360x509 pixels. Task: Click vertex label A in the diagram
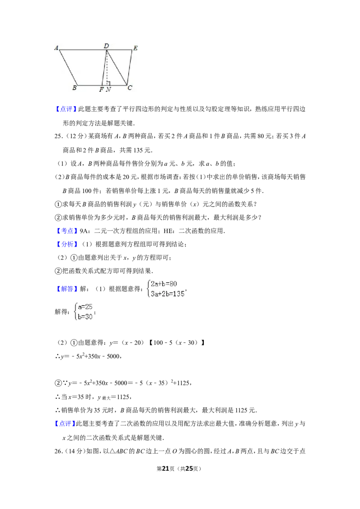(x=57, y=47)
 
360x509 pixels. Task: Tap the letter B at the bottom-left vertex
(x=74, y=88)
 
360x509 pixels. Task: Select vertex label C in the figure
(x=130, y=88)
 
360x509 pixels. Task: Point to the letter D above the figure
(x=106, y=46)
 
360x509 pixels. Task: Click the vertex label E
(x=135, y=48)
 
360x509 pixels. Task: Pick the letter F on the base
(x=101, y=90)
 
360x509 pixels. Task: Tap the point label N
(x=108, y=90)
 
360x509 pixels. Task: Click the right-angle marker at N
(x=108, y=83)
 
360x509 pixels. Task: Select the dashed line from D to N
(x=107, y=67)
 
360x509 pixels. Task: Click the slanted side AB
(x=68, y=67)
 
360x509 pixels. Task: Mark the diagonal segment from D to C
(x=117, y=67)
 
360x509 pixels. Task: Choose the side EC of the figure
(x=130, y=67)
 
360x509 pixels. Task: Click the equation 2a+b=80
(x=164, y=284)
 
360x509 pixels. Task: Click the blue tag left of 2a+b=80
(x=67, y=290)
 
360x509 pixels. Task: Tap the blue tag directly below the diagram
(x=65, y=109)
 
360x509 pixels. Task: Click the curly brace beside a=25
(x=75, y=312)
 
